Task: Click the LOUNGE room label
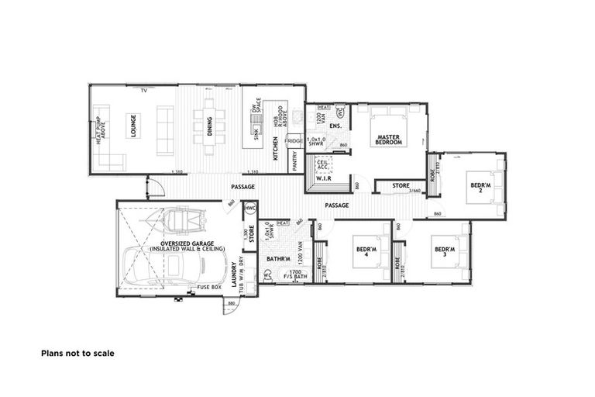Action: tap(132, 126)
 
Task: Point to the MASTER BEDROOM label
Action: tap(388, 139)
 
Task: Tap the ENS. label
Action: tap(335, 126)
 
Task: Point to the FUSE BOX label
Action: tap(209, 288)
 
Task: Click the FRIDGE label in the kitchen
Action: tap(294, 141)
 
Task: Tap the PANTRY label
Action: tap(295, 160)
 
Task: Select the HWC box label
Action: tap(249, 209)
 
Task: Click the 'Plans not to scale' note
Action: tap(77, 353)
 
